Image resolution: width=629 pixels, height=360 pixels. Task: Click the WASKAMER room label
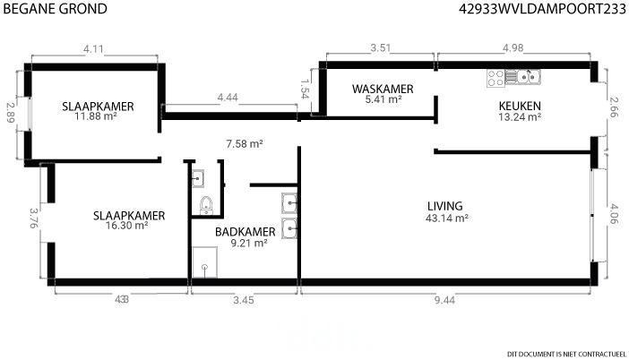coord(383,89)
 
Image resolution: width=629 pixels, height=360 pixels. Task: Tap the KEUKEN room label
coord(520,106)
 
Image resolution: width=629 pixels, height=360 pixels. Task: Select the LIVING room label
coord(445,206)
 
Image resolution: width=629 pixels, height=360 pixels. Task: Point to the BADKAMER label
coord(246,232)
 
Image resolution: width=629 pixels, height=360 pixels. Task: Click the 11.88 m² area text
coord(96,116)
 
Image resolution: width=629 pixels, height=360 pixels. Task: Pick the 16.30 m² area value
coord(126,226)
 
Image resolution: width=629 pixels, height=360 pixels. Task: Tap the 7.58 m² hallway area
coord(245,143)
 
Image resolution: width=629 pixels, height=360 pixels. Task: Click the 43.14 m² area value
coord(447,219)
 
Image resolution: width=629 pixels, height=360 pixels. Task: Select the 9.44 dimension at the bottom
coord(445,300)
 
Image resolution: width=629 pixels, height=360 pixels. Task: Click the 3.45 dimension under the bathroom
coord(244,300)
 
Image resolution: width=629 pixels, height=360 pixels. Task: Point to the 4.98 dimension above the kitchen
coord(513,47)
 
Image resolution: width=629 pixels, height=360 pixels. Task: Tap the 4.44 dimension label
coord(228,98)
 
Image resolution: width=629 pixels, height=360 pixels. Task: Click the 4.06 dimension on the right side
coord(614,213)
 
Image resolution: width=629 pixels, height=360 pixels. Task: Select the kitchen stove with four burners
coord(495,78)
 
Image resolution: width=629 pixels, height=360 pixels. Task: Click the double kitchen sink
coord(529,76)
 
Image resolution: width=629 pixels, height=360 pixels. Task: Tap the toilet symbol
coord(206,205)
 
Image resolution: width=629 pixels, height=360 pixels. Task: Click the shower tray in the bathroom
coord(205,262)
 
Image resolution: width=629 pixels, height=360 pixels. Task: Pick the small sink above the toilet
coord(198,178)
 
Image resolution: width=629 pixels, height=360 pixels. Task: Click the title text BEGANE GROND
coord(55,8)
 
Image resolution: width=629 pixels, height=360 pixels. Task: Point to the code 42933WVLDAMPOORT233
coord(542,8)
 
